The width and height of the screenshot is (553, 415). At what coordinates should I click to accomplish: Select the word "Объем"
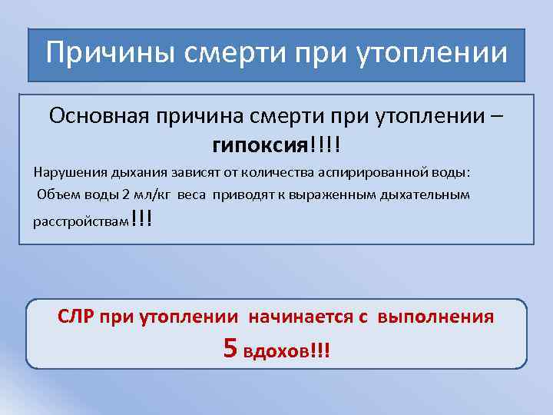point(58,194)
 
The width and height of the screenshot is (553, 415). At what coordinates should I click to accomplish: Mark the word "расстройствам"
point(81,222)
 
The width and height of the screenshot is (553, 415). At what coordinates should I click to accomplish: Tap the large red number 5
point(230,347)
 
